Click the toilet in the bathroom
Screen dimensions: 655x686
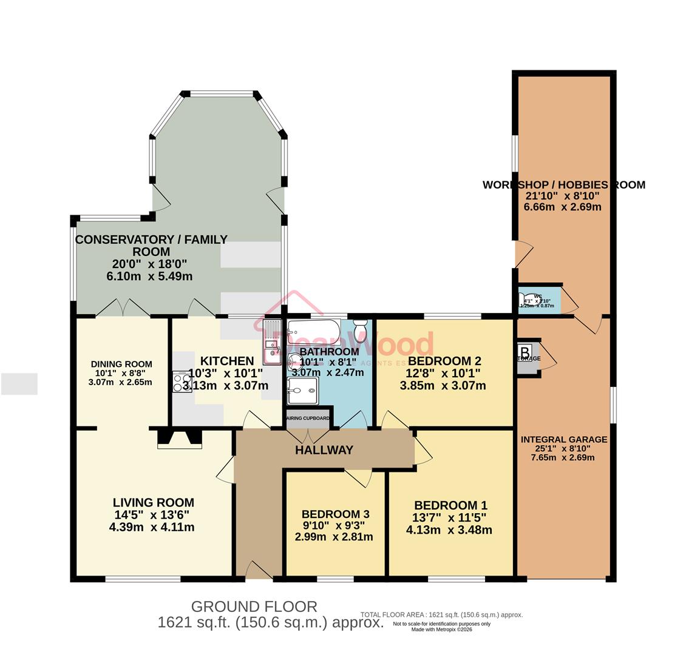click(361, 332)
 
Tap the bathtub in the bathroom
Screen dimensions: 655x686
click(313, 331)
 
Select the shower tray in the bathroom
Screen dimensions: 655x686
click(302, 390)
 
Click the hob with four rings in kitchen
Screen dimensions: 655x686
click(182, 381)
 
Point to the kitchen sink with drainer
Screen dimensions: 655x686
click(271, 343)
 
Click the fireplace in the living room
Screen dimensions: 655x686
click(179, 438)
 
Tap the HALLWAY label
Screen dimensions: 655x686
click(324, 450)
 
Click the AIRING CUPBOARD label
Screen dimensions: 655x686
click(308, 418)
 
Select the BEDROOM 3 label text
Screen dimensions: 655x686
click(335, 514)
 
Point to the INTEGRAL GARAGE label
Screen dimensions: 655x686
click(563, 439)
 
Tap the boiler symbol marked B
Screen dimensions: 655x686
click(525, 351)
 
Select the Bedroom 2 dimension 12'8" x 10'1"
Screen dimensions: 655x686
click(443, 373)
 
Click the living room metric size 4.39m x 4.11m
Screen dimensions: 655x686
click(152, 527)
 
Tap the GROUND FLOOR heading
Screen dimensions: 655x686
click(254, 606)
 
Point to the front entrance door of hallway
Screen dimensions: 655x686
click(259, 571)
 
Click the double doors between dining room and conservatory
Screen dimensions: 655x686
click(123, 308)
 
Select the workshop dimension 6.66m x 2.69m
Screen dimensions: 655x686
click(563, 207)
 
